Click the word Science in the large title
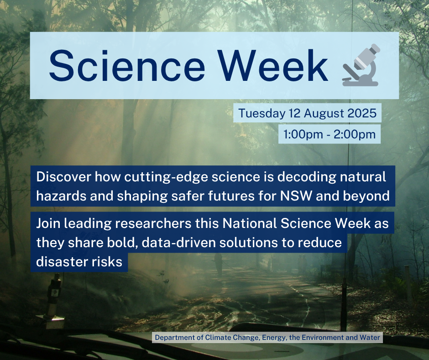[127, 65]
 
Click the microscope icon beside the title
[361, 65]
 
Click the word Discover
[63, 177]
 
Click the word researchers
[153, 223]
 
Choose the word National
[249, 223]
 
